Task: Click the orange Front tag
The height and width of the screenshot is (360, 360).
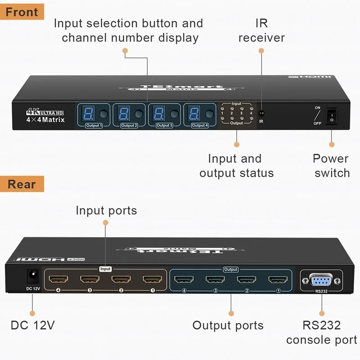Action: click(x=22, y=11)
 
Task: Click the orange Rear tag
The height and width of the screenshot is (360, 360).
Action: click(x=22, y=184)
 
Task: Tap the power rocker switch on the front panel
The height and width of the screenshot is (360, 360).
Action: click(x=332, y=115)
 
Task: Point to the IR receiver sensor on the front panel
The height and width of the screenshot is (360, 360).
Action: click(x=261, y=114)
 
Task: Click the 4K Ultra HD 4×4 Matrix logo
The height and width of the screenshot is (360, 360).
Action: click(x=45, y=116)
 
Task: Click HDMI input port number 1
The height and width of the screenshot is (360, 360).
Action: click(x=152, y=279)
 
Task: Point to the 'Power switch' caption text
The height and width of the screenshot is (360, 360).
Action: click(x=332, y=166)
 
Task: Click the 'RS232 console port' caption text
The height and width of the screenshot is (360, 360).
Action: click(x=321, y=333)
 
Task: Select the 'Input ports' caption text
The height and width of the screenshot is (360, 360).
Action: click(x=106, y=210)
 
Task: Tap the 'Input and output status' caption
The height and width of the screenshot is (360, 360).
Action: click(x=236, y=166)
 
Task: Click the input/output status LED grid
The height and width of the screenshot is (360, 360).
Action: click(x=237, y=114)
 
